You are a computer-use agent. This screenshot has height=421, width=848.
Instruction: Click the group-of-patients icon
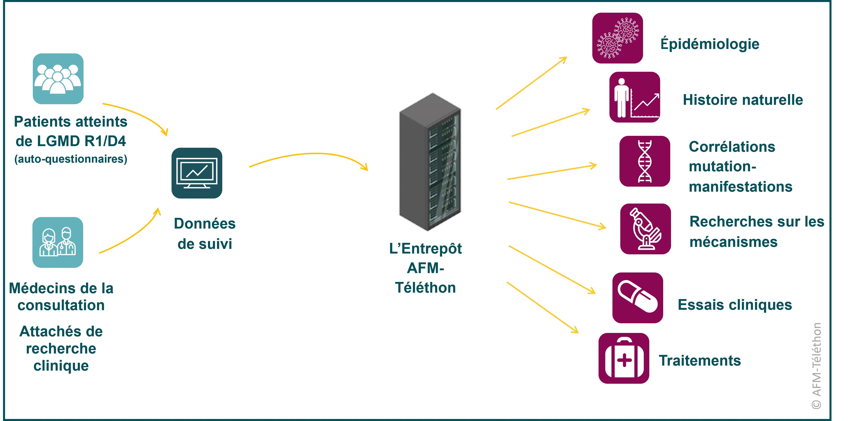pos(58,79)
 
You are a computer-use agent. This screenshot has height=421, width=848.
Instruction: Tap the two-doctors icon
pos(58,242)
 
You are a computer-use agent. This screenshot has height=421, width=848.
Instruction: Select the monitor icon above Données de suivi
pos(196,173)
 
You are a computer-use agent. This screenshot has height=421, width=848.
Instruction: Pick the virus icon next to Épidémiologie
pos(617,38)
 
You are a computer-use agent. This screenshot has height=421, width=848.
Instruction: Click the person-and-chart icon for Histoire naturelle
pos(634,97)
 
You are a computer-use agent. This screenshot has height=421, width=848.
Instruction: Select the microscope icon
pos(645,229)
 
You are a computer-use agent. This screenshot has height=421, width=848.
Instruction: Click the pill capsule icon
pos(638,298)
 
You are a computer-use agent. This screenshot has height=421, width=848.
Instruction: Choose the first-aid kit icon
pos(624,358)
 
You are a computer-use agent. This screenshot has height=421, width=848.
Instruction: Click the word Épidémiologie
pos(710,44)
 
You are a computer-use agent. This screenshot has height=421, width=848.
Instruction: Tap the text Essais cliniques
pos(735,305)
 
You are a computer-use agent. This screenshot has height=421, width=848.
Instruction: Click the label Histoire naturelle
pos(743,100)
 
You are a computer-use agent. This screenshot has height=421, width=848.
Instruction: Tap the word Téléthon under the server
pos(425,288)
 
